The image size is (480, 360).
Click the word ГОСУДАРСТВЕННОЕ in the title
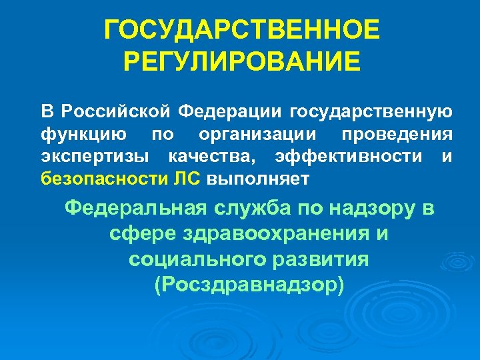point(243,31)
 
